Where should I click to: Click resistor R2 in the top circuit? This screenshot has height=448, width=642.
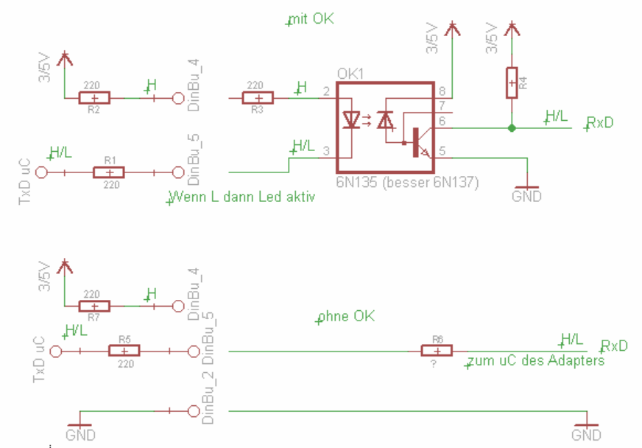click(x=94, y=97)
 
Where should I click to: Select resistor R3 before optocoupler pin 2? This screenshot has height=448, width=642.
click(x=257, y=97)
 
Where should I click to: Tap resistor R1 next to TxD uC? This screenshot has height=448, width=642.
click(x=109, y=172)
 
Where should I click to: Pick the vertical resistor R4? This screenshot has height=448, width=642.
click(x=512, y=82)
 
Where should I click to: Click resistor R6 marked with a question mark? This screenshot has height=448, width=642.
click(x=436, y=351)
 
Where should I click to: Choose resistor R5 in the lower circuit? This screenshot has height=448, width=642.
click(x=124, y=351)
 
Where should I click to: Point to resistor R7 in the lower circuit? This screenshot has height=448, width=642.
click(x=94, y=306)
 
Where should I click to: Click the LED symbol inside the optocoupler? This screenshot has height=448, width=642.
click(x=352, y=119)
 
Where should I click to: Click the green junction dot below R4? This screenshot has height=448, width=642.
click(x=512, y=127)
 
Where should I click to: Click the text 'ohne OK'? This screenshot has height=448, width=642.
click(x=347, y=317)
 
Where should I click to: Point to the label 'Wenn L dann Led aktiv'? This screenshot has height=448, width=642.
click(x=242, y=198)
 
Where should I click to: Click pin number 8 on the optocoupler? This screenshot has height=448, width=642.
click(x=442, y=91)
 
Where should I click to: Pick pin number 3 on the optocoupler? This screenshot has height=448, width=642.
click(x=325, y=150)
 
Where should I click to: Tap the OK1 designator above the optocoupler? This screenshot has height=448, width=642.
click(x=349, y=74)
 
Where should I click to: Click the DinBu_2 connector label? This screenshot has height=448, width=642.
click(x=208, y=397)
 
